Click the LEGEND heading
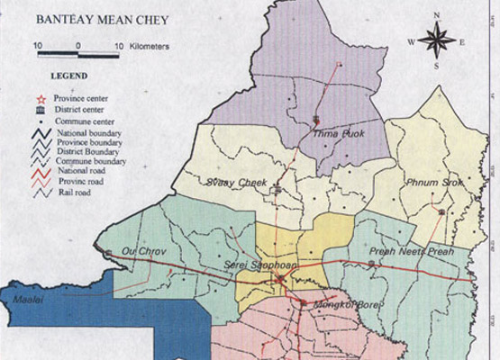69,76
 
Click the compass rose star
436,40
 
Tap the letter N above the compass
436,15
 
